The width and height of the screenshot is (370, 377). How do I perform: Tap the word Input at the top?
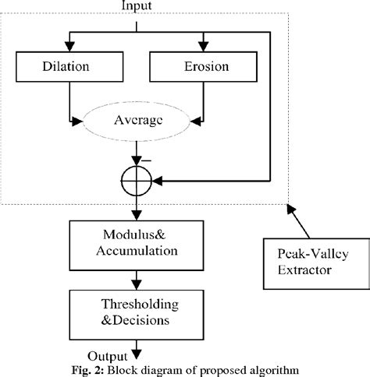coord(137,6)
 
